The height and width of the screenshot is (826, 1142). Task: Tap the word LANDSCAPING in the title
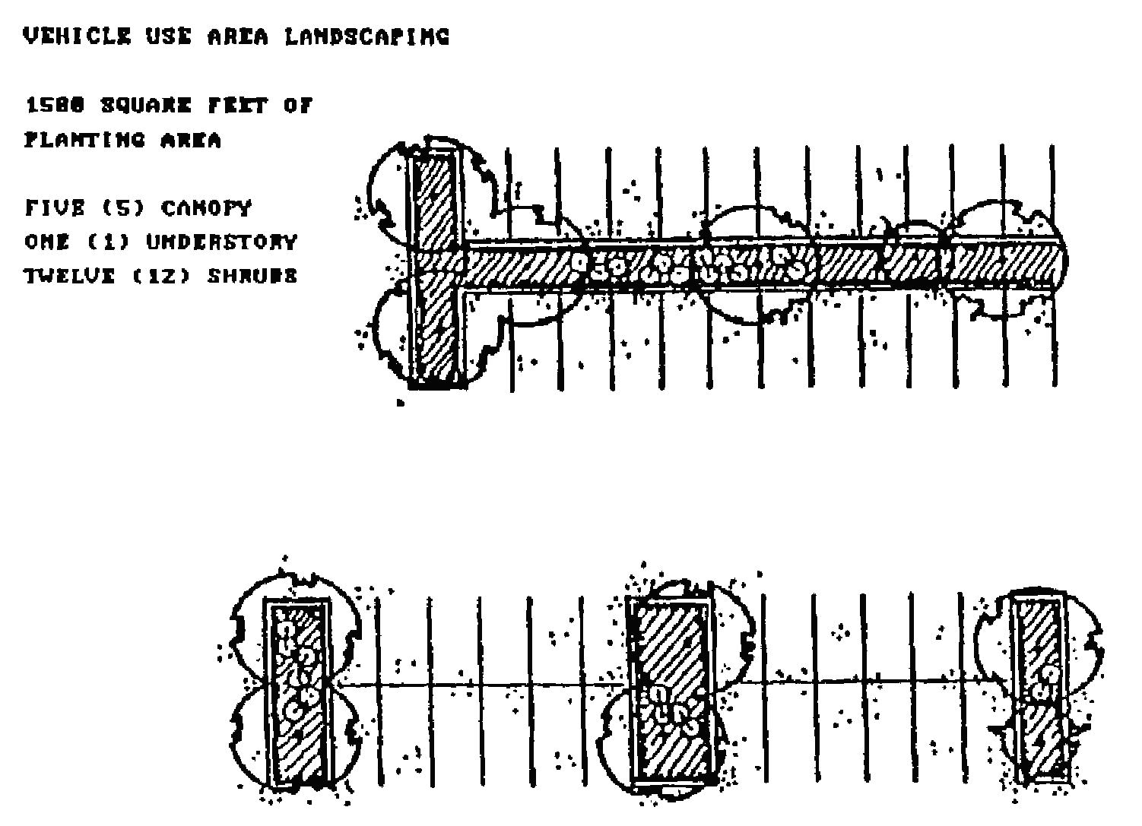coord(367,36)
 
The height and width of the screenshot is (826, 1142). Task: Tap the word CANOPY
coord(205,207)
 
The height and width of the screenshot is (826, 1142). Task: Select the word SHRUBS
coord(252,275)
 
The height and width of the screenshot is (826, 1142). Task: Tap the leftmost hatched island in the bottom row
coord(297,691)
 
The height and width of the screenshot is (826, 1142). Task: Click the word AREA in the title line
coord(237,36)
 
